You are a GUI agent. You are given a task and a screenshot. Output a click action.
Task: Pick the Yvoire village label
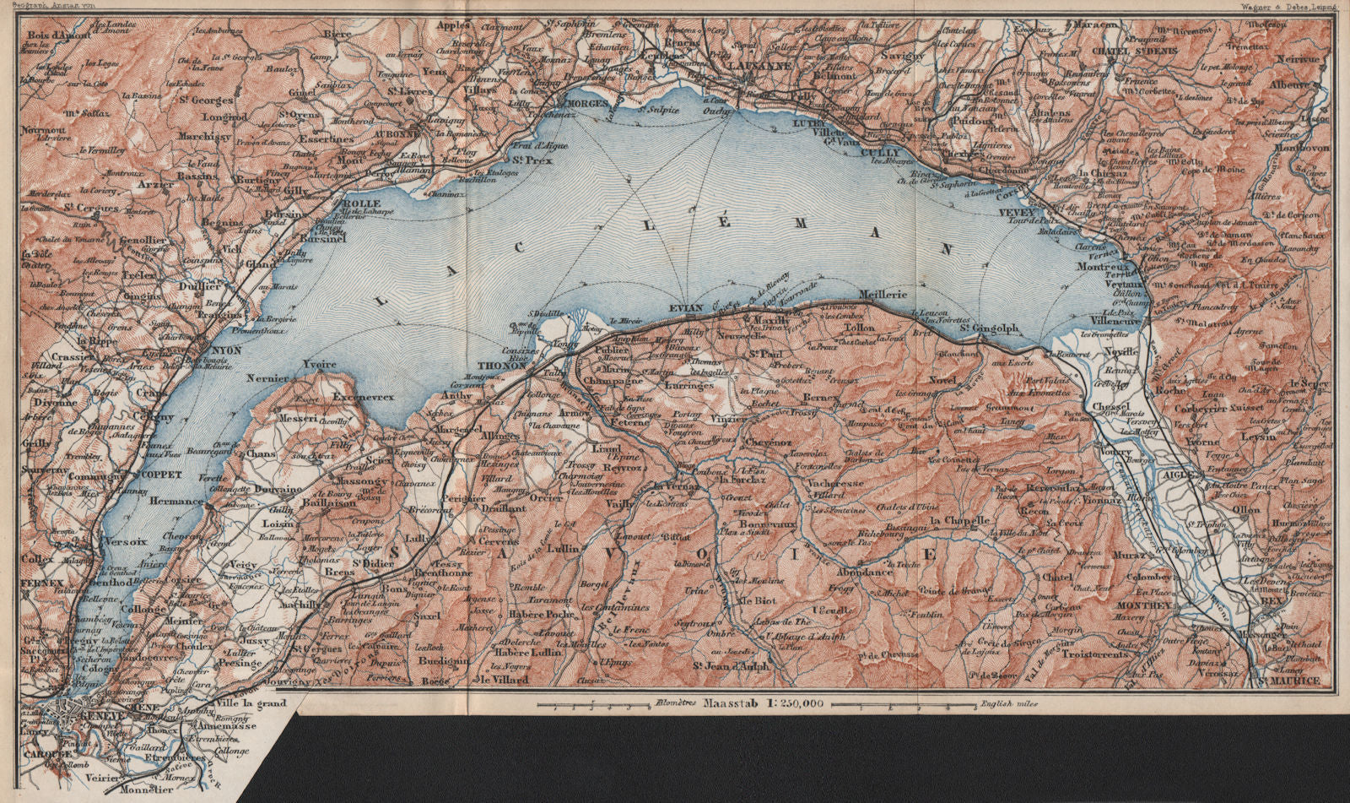click(x=318, y=364)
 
